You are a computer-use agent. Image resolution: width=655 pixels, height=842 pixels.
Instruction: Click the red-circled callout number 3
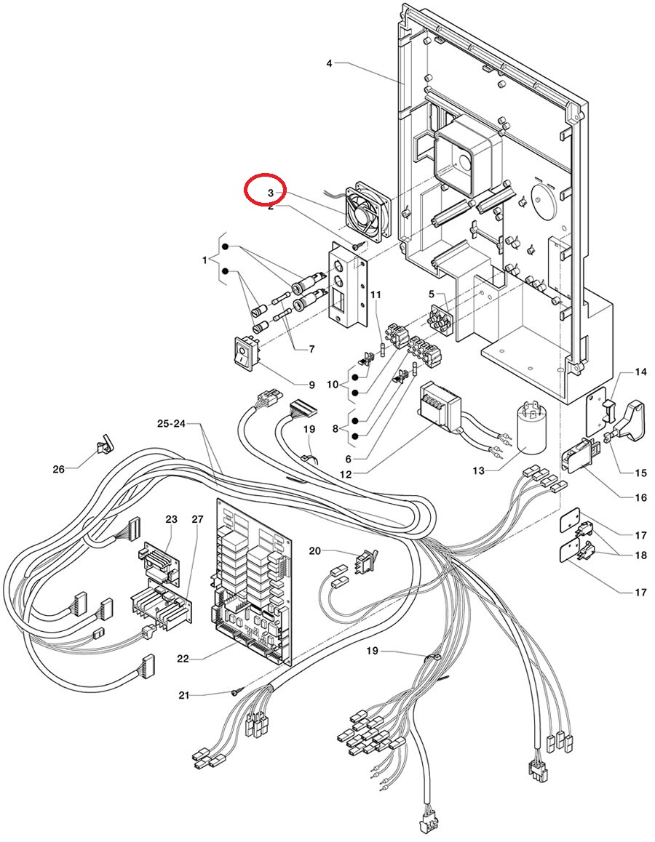click(x=271, y=193)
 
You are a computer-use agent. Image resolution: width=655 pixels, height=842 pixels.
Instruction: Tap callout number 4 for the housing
click(x=329, y=64)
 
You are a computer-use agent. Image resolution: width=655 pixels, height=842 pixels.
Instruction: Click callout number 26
click(x=59, y=469)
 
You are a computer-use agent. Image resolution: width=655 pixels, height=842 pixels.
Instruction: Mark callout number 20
click(x=314, y=550)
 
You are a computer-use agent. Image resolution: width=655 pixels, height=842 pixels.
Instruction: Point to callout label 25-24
click(x=172, y=423)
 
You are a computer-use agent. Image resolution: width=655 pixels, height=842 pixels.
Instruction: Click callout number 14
click(x=640, y=372)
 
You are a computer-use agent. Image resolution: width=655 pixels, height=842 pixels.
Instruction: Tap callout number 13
click(x=478, y=470)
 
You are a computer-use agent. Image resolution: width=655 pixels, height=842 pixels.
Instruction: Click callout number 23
click(x=171, y=519)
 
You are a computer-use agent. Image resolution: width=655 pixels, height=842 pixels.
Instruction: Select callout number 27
click(x=197, y=519)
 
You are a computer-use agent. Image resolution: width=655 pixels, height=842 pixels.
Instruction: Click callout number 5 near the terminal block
click(x=431, y=294)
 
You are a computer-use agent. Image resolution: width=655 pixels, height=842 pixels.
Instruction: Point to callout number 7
click(x=311, y=349)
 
